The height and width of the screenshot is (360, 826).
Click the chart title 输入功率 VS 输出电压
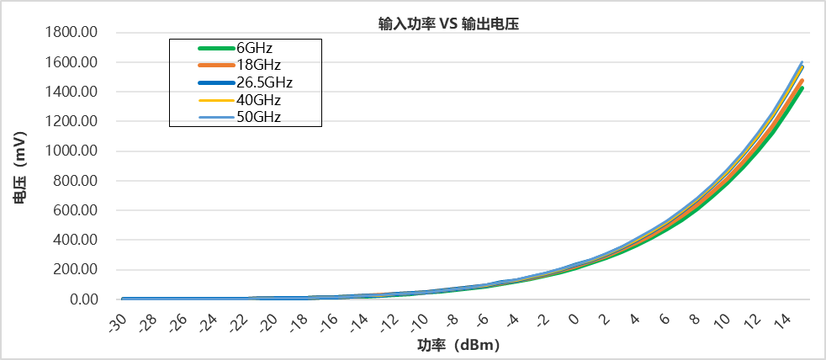pyautogui.click(x=447, y=24)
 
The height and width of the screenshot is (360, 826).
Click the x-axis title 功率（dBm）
pyautogui.click(x=463, y=345)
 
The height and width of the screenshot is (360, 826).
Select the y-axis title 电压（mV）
pyautogui.click(x=19, y=167)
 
